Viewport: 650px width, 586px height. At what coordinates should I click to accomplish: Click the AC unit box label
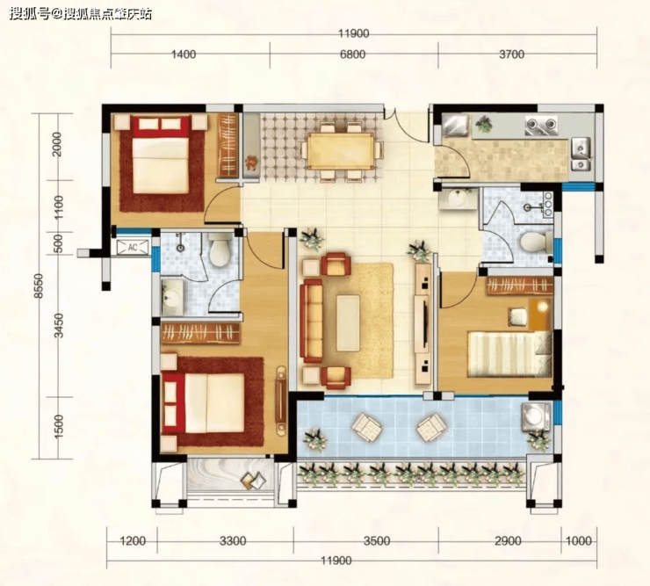[133, 248]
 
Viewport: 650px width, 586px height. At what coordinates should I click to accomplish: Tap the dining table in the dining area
[340, 150]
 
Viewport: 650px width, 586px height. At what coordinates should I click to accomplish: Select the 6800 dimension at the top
[352, 54]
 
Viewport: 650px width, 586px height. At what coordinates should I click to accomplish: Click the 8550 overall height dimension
[39, 286]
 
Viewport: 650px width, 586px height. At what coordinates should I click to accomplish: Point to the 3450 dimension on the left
[59, 326]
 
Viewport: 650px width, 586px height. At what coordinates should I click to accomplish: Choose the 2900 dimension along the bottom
[509, 541]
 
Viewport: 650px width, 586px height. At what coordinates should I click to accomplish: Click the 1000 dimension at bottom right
[579, 541]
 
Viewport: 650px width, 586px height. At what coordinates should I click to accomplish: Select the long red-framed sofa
[312, 321]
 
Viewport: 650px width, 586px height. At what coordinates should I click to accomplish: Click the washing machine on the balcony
[537, 416]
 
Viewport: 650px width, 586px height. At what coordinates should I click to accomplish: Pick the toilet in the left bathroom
[219, 250]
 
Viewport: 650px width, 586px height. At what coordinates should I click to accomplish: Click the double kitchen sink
[581, 155]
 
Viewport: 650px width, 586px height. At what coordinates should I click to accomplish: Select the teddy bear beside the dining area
[251, 163]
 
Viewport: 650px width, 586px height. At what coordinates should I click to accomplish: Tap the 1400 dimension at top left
[184, 54]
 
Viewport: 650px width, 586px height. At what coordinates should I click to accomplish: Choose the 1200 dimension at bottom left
[133, 541]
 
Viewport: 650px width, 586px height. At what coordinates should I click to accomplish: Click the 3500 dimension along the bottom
[377, 541]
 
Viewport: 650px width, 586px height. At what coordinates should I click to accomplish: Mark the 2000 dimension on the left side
[58, 144]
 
